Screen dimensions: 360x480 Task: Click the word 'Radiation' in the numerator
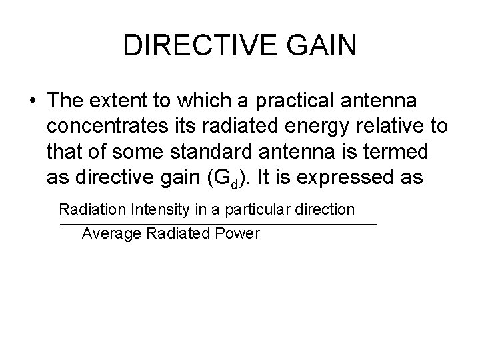pyautogui.click(x=89, y=209)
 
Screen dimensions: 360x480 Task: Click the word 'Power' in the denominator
pyautogui.click(x=239, y=234)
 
